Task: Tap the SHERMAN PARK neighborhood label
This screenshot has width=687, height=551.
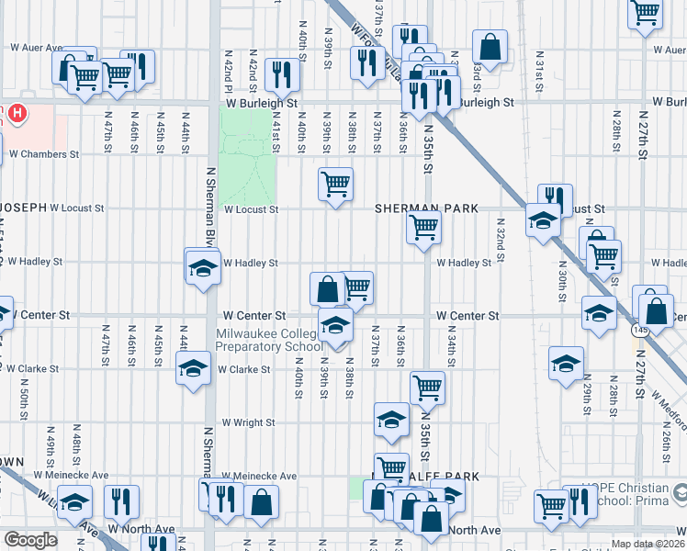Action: [x=426, y=209]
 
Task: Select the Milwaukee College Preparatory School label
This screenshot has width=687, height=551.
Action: [x=267, y=341]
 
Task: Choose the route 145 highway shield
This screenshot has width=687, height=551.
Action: [x=640, y=328]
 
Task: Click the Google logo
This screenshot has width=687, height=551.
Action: [x=30, y=539]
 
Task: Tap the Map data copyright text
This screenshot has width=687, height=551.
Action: [x=648, y=544]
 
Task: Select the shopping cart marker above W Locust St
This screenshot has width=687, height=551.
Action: [x=335, y=184]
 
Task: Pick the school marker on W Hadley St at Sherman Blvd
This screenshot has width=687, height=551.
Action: [x=202, y=267]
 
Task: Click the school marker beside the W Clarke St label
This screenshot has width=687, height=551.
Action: [x=193, y=368]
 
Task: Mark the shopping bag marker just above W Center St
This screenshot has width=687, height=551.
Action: [x=327, y=289]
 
